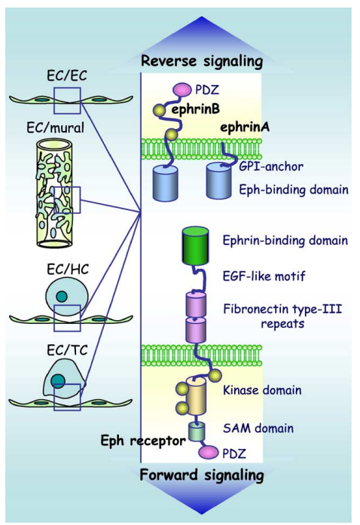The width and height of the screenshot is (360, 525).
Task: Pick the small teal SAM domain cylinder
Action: tap(196, 432)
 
